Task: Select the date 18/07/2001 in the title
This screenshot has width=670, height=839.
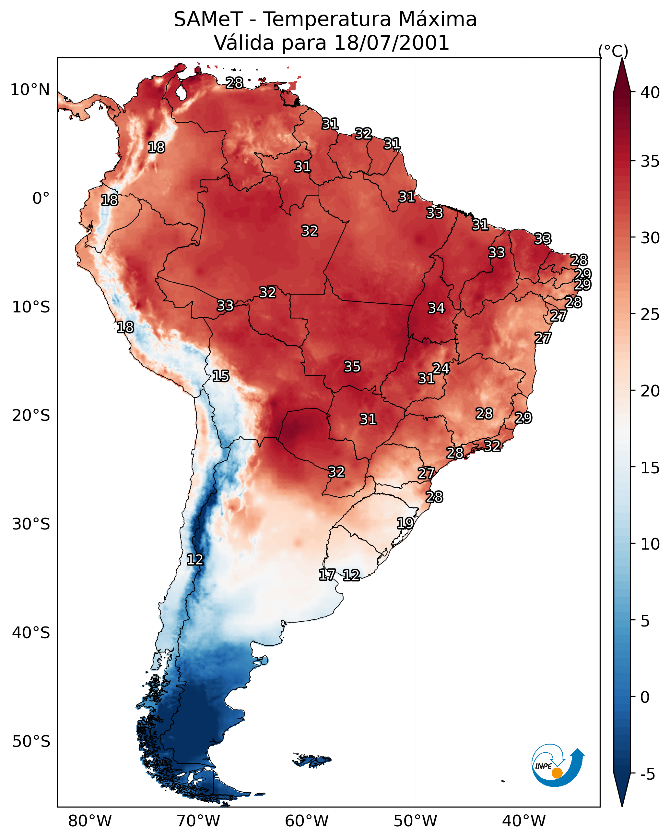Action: click(x=392, y=43)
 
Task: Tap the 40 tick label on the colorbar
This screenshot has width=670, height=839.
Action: click(x=650, y=92)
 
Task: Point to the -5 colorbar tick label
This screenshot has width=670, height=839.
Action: click(x=647, y=774)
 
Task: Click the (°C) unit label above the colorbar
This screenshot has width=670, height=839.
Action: click(x=613, y=51)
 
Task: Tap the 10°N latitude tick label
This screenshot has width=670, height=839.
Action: click(x=30, y=90)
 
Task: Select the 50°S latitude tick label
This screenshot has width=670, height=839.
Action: click(x=31, y=742)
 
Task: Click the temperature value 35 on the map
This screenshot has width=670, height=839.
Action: click(x=352, y=367)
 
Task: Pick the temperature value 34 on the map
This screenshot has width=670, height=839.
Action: click(x=436, y=308)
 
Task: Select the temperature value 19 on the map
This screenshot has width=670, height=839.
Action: click(x=405, y=523)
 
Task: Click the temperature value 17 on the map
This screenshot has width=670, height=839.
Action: click(x=327, y=574)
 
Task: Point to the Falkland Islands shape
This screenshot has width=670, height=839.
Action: click(x=312, y=760)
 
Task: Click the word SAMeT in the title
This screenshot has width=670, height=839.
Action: click(x=208, y=19)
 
